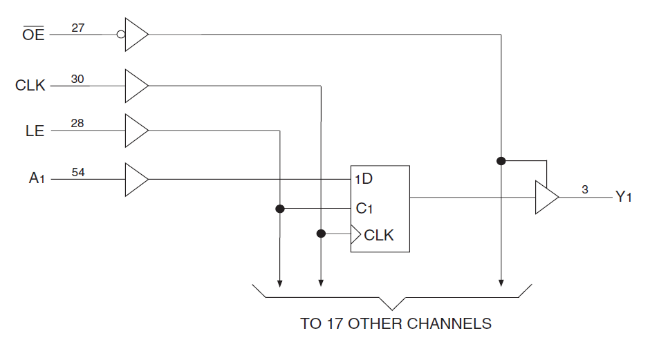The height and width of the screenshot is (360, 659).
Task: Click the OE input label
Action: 33,35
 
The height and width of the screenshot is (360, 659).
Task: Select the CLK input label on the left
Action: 30,86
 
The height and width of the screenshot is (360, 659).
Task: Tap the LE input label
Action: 35,131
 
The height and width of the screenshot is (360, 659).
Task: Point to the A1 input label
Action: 37,179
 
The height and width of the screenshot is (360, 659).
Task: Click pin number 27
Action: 78,28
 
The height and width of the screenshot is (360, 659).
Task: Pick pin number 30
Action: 78,79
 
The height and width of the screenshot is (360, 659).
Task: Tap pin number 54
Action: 78,173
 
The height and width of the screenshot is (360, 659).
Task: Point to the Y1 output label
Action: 624,198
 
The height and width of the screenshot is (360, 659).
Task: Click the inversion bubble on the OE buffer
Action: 121,34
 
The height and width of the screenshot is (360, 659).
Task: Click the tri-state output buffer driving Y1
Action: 546,198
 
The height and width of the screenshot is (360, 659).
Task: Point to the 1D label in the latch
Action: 364,179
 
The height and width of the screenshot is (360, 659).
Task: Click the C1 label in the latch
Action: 364,208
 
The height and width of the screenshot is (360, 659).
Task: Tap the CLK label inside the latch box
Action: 378,235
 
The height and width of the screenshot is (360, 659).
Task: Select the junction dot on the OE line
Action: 501,161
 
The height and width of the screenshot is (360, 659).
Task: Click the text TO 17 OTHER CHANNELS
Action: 396,323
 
